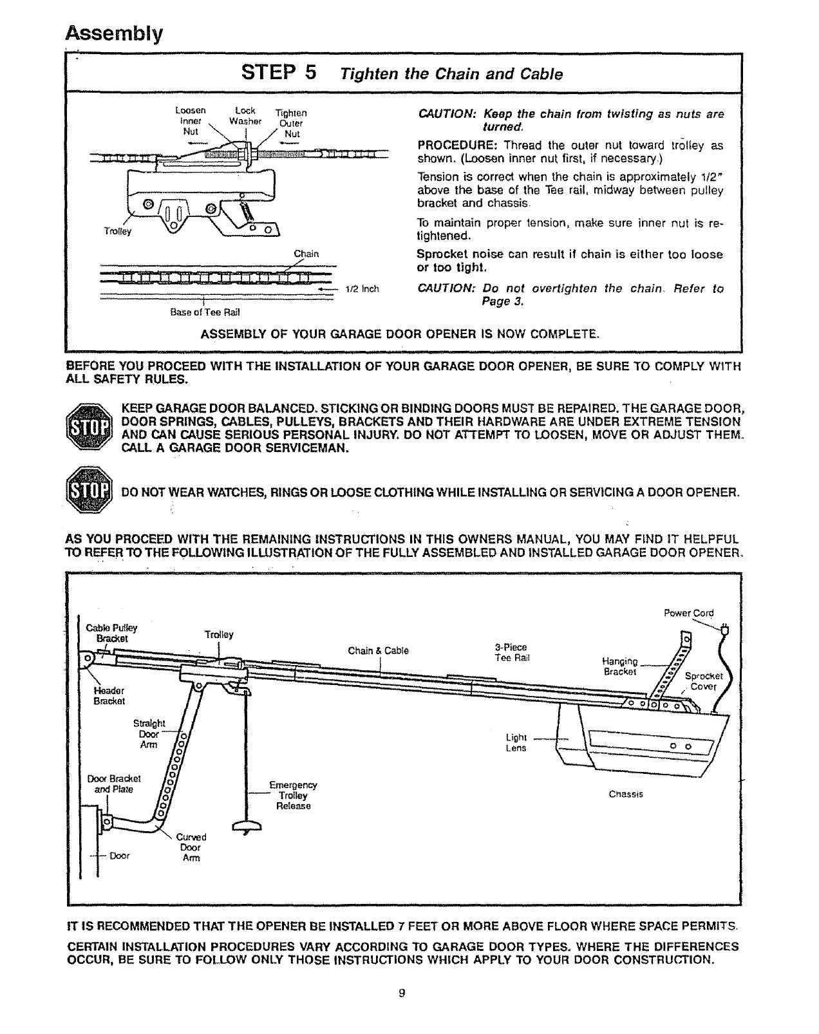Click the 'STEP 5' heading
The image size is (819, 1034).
(x=279, y=72)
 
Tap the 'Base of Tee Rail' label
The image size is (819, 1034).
(x=204, y=313)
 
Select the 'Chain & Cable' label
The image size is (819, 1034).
(x=378, y=650)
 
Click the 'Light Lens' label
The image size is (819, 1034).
(x=516, y=742)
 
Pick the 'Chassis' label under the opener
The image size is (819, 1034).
(x=626, y=794)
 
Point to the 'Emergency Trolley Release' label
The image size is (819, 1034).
(x=293, y=796)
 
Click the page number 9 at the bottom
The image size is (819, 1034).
(x=401, y=993)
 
